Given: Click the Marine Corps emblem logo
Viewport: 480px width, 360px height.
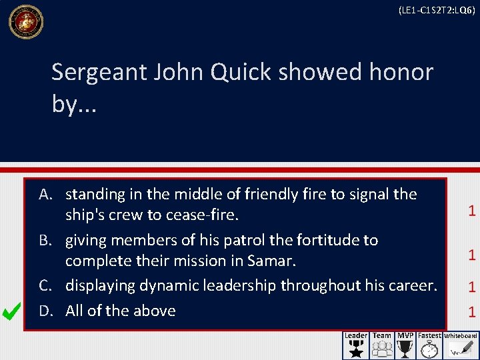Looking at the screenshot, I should tap(26, 22).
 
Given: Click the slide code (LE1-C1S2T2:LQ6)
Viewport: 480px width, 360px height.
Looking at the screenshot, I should tap(436, 11).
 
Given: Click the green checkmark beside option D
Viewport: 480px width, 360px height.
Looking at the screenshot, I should tap(11, 311).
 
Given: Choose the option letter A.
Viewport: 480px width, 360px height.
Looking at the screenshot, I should tap(45, 195).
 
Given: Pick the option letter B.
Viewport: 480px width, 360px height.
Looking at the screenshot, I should tap(45, 240).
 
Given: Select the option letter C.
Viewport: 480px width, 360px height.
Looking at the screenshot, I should tap(45, 286).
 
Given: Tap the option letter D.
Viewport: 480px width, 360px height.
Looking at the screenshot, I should tap(45, 311).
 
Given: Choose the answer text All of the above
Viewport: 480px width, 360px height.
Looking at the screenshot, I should tap(121, 311).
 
